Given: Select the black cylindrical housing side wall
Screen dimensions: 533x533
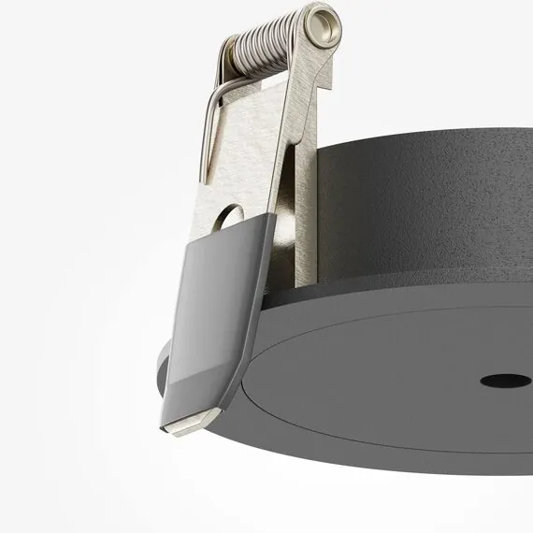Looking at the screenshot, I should click(x=421, y=215).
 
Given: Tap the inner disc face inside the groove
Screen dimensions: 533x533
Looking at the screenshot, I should click(x=393, y=393).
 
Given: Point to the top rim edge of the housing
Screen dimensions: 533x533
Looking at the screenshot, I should click(x=421, y=140).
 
